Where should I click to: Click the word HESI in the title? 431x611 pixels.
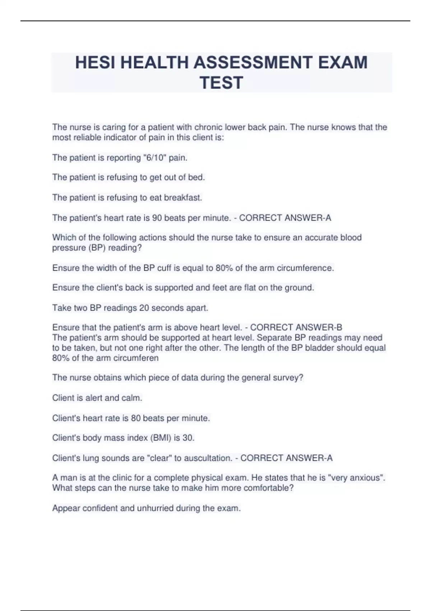coord(95,63)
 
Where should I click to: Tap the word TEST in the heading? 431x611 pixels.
coord(222,83)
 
